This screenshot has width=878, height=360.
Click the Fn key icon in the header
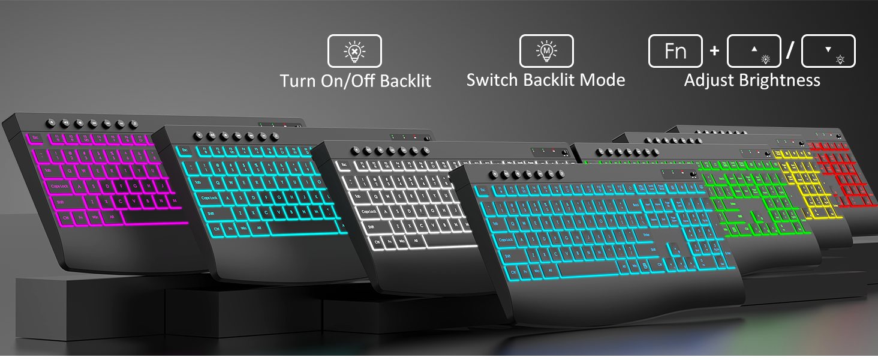pos(675,51)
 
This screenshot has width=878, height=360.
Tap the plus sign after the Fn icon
pos(714,51)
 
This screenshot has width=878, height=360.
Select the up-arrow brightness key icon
pos(754,51)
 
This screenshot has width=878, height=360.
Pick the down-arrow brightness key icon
pos(828,51)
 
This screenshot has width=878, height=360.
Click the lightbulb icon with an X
pos(354,51)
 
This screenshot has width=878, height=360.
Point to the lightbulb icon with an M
pos(546,51)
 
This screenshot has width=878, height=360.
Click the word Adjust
pos(707,80)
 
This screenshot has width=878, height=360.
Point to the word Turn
pos(298,80)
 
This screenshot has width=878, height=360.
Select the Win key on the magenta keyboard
pos(94,217)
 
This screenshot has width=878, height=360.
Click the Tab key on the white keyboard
pos(359,196)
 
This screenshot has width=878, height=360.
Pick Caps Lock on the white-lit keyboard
pos(370,211)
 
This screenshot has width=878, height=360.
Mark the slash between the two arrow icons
pos(790,51)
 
